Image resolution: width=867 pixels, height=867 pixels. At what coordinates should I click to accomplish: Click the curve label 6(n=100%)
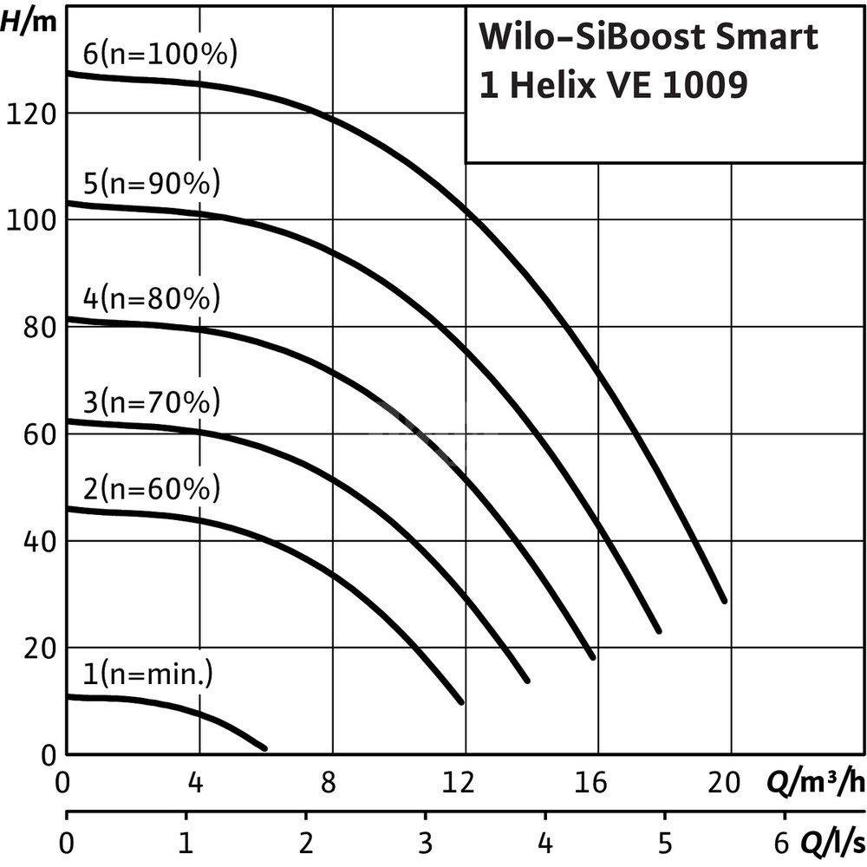[x=160, y=55]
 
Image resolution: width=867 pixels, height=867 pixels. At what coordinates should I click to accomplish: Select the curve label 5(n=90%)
[x=152, y=184]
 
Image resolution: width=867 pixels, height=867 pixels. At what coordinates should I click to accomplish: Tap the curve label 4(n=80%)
[x=152, y=299]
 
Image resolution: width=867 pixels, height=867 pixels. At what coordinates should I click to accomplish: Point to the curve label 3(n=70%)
[x=152, y=403]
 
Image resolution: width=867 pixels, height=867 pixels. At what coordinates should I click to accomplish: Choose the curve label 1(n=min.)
[x=147, y=674]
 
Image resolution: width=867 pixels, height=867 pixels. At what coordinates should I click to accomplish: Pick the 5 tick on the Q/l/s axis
[x=664, y=844]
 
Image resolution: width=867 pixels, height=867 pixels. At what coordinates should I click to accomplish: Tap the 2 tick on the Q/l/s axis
[x=304, y=844]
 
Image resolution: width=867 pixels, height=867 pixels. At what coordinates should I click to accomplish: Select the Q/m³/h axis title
[x=815, y=783]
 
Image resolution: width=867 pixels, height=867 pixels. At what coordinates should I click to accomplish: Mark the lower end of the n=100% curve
[x=724, y=600]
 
